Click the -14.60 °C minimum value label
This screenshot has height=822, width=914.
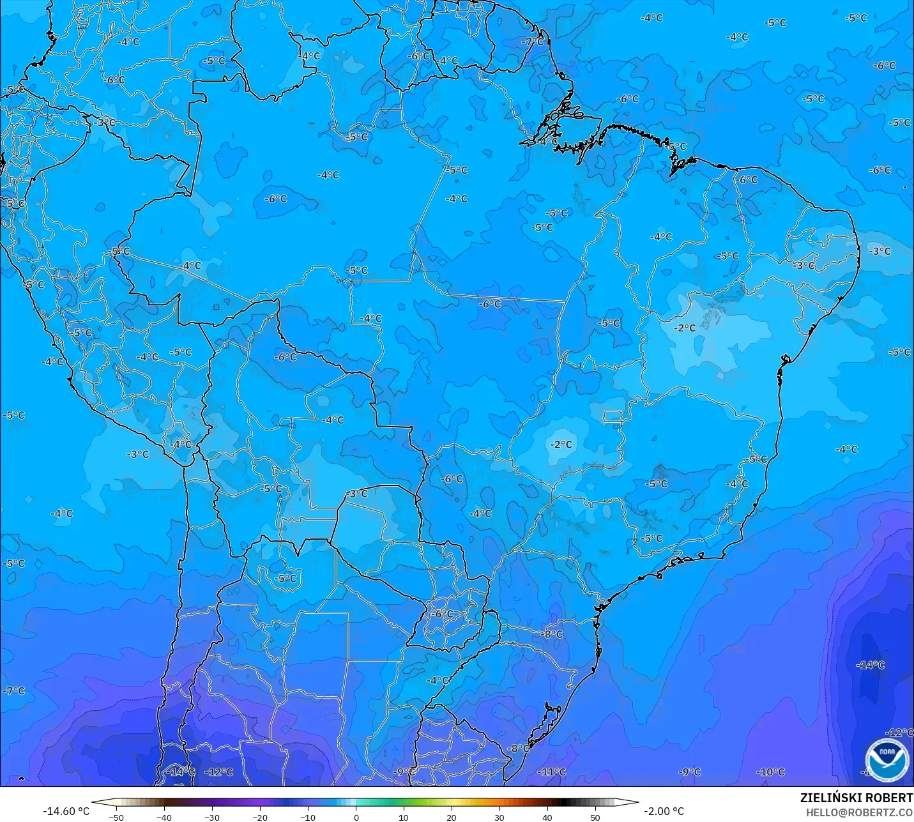click(x=66, y=811)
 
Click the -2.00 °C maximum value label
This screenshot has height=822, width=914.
click(x=664, y=811)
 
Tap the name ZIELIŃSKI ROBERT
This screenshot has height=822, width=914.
click(x=857, y=798)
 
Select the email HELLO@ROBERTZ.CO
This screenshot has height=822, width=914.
click(x=859, y=812)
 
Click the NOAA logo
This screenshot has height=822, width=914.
click(x=887, y=760)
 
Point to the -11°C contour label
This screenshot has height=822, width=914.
click(x=551, y=772)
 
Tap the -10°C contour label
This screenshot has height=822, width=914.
click(x=770, y=772)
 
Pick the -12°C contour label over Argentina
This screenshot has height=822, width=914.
click(x=219, y=772)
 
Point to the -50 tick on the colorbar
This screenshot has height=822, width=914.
click(x=116, y=817)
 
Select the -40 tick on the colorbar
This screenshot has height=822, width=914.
click(x=164, y=817)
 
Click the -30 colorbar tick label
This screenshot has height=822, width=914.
click(x=212, y=817)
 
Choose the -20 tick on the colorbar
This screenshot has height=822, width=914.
click(x=260, y=817)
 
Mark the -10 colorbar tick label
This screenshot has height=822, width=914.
click(x=308, y=817)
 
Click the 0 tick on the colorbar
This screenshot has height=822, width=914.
click(x=356, y=817)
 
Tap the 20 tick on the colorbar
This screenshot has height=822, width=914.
click(x=452, y=817)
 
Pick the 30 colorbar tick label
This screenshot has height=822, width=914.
click(x=499, y=817)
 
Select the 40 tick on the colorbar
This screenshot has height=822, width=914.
click(x=547, y=817)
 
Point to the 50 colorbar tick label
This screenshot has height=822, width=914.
click(x=595, y=817)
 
